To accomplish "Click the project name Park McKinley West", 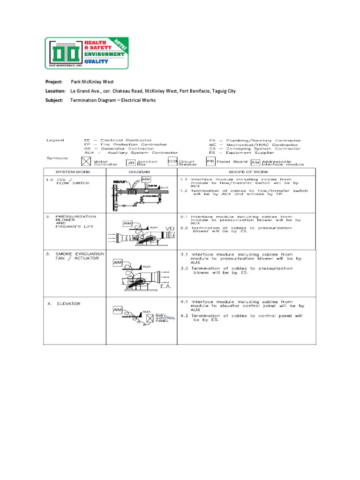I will [x=92, y=82].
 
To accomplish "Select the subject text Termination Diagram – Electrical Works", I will [x=113, y=100].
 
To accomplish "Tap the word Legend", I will [x=55, y=140].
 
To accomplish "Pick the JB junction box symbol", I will [x=130, y=163].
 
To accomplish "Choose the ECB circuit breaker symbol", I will [x=172, y=161].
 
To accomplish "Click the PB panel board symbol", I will [x=210, y=162].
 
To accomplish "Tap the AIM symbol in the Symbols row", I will [x=255, y=162].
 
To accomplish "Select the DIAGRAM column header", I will [x=141, y=172].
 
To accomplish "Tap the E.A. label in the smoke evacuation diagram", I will [x=166, y=285].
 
